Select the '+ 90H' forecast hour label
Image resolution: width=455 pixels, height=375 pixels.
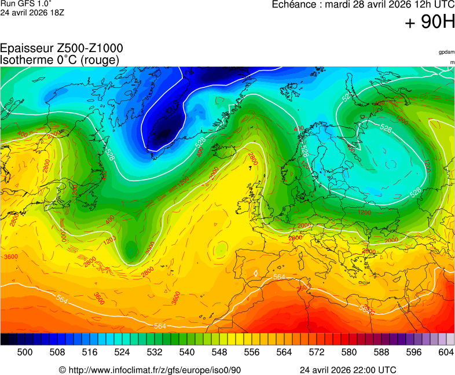(x=430, y=23)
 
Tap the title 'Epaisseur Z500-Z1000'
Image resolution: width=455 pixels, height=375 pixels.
(x=61, y=49)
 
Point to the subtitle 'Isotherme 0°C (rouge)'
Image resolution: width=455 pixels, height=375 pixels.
(x=60, y=60)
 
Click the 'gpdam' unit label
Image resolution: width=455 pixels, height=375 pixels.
(x=446, y=53)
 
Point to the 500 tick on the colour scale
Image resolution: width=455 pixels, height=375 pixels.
(x=24, y=352)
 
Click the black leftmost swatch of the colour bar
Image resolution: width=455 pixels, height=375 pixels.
(x=5, y=340)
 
